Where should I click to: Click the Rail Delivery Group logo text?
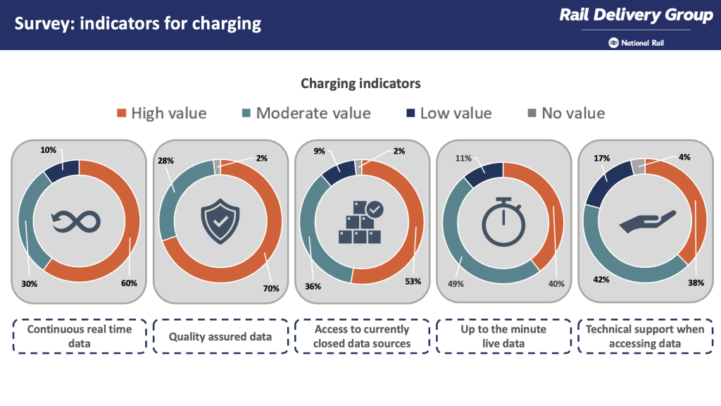click(636, 16)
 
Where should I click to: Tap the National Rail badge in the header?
click(637, 42)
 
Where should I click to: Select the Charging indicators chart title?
click(360, 83)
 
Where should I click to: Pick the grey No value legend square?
click(532, 113)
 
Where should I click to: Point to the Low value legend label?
click(456, 113)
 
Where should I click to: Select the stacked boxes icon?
click(360, 222)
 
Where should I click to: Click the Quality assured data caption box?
click(220, 336)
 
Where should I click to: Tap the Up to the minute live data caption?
click(503, 336)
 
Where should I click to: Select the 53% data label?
click(413, 281)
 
